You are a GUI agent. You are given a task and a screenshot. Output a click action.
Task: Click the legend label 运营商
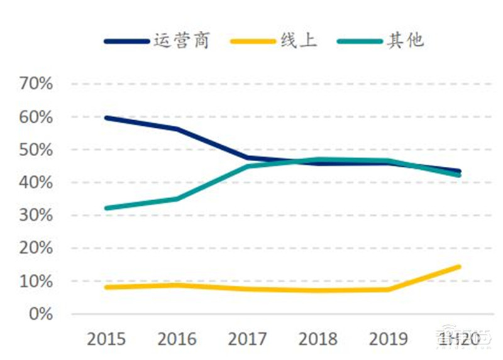(180, 41)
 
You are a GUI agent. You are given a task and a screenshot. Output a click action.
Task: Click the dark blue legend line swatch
(126, 42)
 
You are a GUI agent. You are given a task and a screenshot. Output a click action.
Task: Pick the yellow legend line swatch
(253, 42)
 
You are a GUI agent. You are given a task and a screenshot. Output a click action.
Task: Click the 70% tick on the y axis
(36, 84)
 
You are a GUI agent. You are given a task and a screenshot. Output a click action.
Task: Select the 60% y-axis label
(36, 117)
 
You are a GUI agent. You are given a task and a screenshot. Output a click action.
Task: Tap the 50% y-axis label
(36, 150)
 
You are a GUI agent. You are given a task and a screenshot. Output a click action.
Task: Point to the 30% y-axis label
(36, 215)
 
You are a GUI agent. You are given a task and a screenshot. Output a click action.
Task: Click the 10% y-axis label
(36, 281)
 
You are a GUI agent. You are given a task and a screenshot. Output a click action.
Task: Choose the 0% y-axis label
(41, 313)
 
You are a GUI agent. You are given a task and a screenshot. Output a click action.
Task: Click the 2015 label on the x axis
(106, 340)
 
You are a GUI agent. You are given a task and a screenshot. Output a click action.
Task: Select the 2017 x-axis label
(247, 340)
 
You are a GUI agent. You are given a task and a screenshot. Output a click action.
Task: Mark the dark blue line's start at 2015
(106, 118)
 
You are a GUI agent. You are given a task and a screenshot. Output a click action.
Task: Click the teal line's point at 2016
(177, 199)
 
